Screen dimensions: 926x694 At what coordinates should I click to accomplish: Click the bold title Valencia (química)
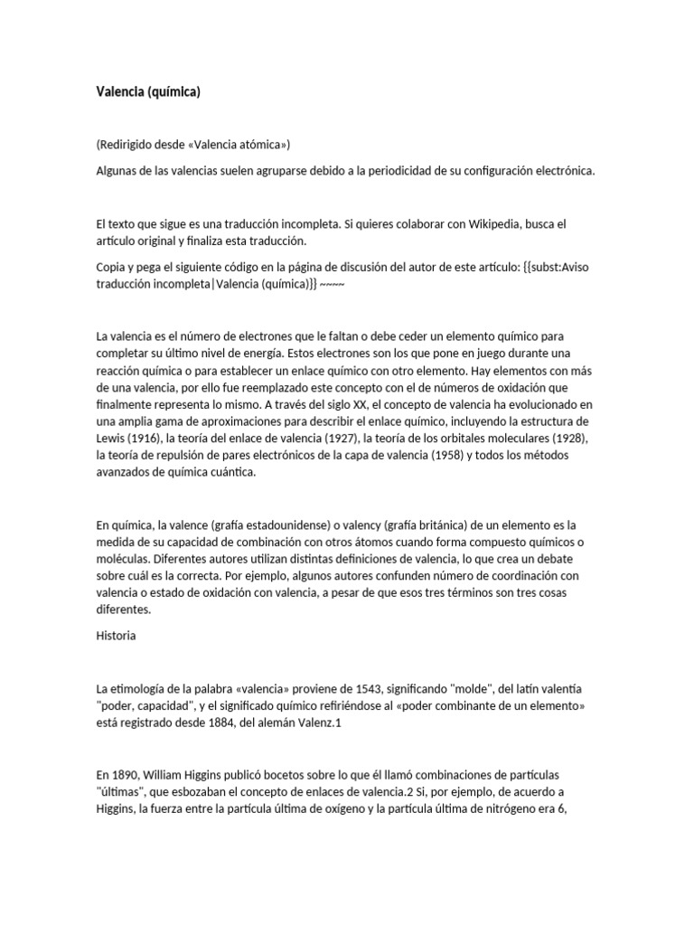click(x=148, y=91)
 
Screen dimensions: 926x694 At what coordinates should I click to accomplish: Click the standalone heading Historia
click(x=116, y=636)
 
